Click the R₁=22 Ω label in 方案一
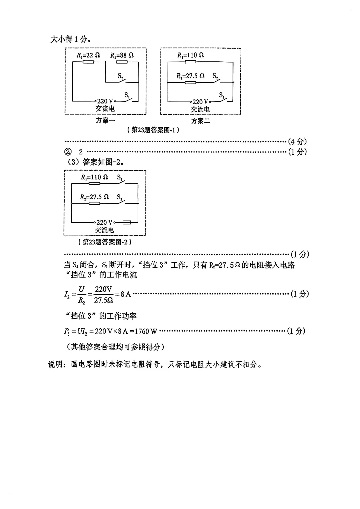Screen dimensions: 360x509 (x=88, y=55)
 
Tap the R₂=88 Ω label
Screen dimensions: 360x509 (x=122, y=55)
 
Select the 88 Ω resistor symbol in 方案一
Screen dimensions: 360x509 (x=122, y=62)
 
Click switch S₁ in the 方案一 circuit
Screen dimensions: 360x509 (x=128, y=97)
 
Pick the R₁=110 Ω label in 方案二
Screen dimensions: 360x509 (x=190, y=55)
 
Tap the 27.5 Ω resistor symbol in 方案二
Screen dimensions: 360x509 (x=190, y=82)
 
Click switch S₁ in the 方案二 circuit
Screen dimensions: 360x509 (x=223, y=97)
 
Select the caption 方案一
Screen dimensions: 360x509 (x=105, y=120)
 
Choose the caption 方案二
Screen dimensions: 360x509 (x=200, y=121)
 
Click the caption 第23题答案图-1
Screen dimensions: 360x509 (x=153, y=130)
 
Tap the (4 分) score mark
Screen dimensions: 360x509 (x=297, y=142)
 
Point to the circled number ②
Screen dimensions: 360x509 (x=68, y=152)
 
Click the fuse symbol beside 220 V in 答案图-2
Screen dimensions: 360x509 (x=127, y=222)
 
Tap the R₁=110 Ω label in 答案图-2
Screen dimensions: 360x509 (x=94, y=177)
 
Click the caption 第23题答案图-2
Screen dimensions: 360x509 (x=105, y=242)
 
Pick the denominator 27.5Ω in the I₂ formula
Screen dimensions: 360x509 (x=103, y=300)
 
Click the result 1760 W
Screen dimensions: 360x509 (x=146, y=331)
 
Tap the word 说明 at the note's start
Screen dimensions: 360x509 (x=56, y=364)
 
